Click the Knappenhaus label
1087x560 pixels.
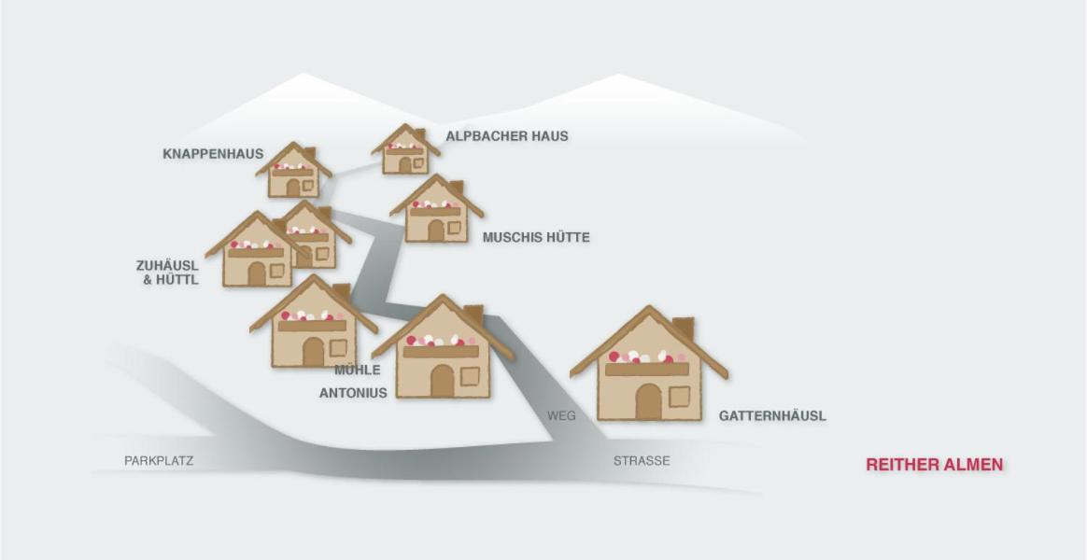[213, 154]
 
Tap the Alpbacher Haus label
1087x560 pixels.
[507, 136]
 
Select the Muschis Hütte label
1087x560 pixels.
[536, 237]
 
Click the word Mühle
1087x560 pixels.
[357, 371]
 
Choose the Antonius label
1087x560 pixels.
[353, 393]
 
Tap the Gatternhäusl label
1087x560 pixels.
[772, 416]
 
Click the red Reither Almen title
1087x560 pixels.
[934, 465]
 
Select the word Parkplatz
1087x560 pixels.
[159, 460]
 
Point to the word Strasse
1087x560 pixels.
[642, 460]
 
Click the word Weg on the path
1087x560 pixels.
[561, 416]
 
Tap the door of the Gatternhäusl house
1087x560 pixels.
[649, 401]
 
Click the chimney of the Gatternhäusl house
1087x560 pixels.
[683, 329]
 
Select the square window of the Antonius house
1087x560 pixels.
[470, 376]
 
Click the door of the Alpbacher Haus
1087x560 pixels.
[405, 165]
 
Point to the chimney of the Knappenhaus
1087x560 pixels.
[309, 153]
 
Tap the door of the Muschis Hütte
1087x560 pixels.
[435, 231]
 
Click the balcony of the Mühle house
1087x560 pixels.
[312, 325]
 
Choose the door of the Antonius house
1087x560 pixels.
[442, 381]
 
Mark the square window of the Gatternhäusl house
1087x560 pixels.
[680, 397]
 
